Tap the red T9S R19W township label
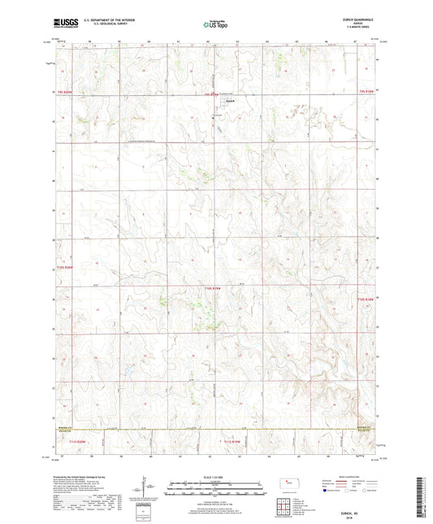pos(210,94)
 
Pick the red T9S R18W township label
pos(366,94)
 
